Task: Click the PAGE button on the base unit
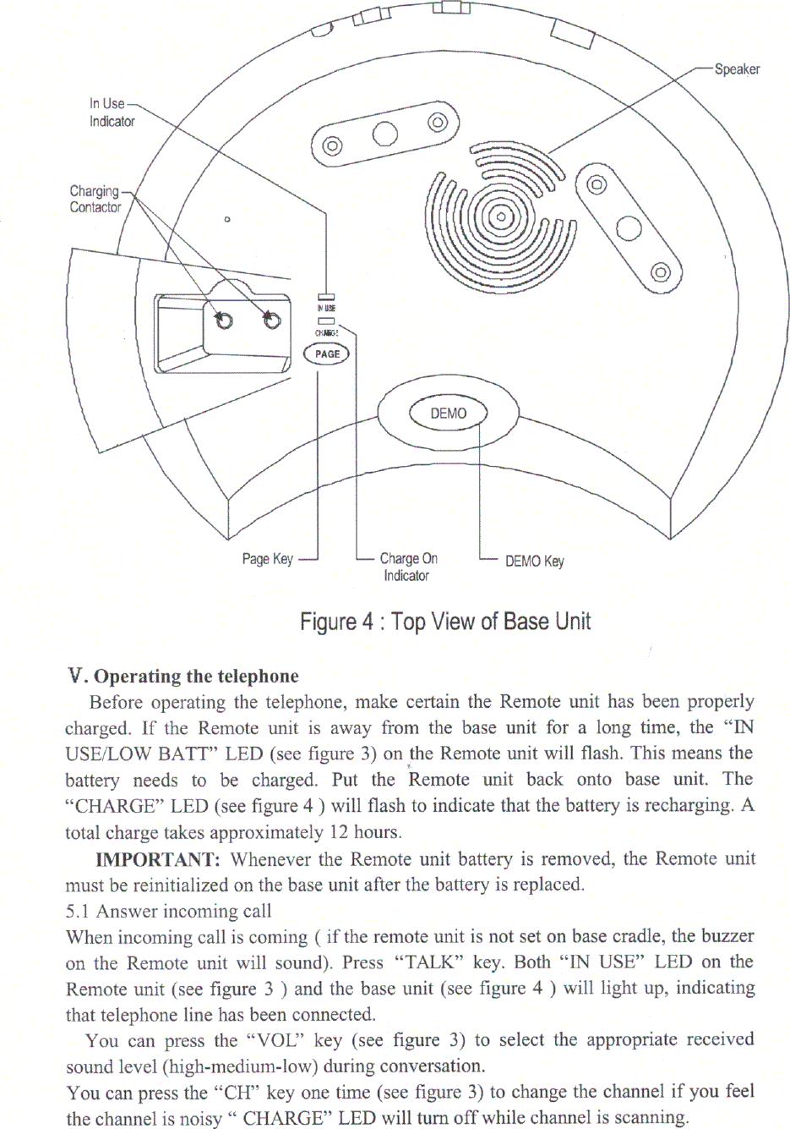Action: (327, 353)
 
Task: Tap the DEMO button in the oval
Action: (448, 413)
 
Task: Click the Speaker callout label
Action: (736, 69)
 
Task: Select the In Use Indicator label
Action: (111, 112)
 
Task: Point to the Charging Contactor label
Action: (95, 199)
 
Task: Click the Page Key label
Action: (267, 559)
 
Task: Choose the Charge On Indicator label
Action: (408, 567)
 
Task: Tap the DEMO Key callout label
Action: (534, 561)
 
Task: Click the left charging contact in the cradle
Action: (223, 320)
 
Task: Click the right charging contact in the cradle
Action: (271, 320)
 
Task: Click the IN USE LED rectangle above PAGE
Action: (326, 296)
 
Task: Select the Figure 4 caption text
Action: (445, 622)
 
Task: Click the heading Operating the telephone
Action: (196, 677)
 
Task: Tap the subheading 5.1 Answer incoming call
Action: (168, 911)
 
